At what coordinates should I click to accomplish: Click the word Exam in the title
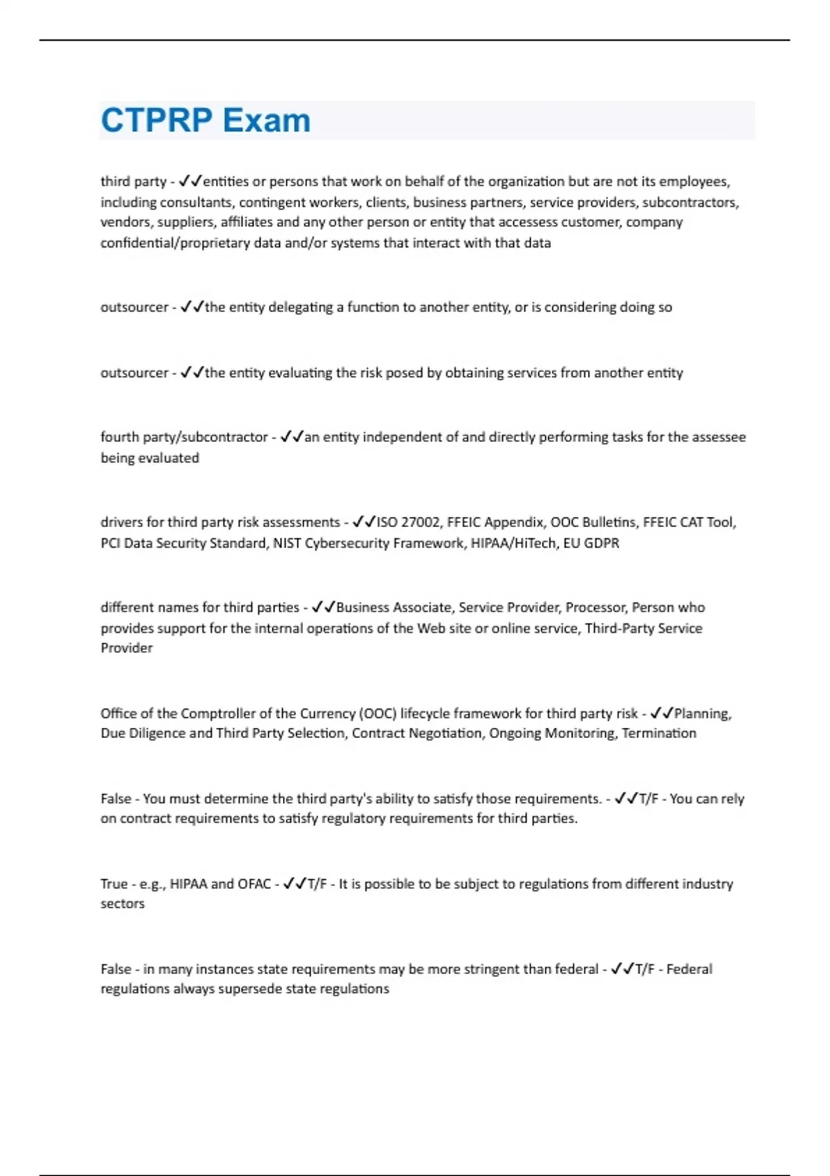266,120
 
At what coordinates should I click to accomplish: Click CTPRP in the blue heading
157,120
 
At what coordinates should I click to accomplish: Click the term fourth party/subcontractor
184,437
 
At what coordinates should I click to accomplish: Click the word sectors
122,904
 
